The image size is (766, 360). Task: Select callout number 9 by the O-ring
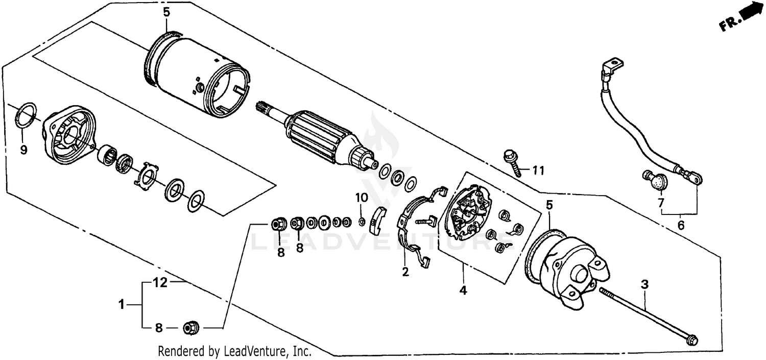23,150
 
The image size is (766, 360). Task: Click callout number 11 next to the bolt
539,170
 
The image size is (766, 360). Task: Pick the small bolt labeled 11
512,161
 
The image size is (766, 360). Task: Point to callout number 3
644,284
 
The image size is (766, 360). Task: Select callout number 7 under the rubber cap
661,203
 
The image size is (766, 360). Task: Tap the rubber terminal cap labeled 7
656,180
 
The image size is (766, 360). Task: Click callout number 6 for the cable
681,225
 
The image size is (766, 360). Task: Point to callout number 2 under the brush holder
405,272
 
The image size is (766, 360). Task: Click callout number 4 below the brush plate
463,291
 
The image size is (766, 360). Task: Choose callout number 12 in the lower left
160,282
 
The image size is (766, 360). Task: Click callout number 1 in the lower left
122,305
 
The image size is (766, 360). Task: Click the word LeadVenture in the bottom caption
248,351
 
